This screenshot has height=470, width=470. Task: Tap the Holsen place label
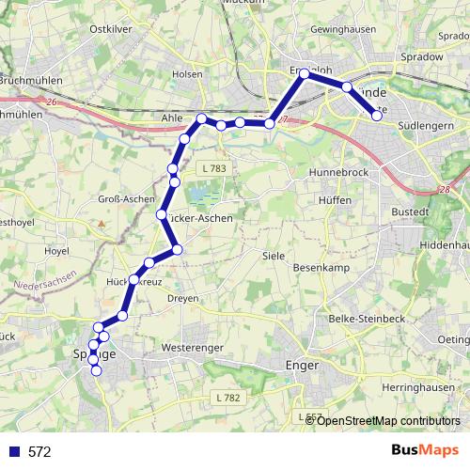coord(188,73)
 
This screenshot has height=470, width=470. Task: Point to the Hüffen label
coord(335,201)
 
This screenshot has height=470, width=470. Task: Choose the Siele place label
coord(274,256)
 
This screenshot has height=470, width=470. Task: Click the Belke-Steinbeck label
coord(368,319)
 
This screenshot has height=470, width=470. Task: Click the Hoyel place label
coord(57,251)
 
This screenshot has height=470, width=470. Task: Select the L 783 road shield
coord(213,168)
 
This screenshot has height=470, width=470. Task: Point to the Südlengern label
coord(426,123)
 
